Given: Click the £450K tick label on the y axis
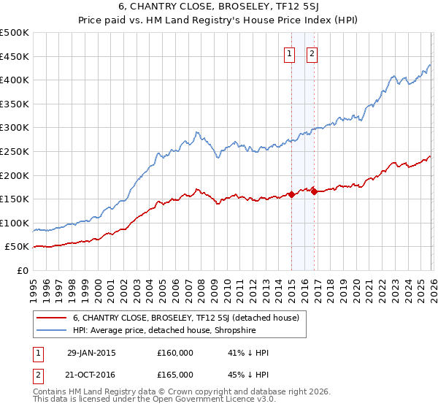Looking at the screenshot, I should tap(15, 56).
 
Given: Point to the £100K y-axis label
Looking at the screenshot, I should tap(15, 223).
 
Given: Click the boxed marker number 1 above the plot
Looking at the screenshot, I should tap(290, 53).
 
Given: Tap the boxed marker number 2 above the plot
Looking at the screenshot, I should tap(312, 53).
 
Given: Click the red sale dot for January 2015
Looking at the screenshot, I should tap(291, 194).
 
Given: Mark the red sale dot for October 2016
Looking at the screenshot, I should tap(314, 191).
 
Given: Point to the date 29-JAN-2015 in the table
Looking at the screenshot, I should tap(91, 353).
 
